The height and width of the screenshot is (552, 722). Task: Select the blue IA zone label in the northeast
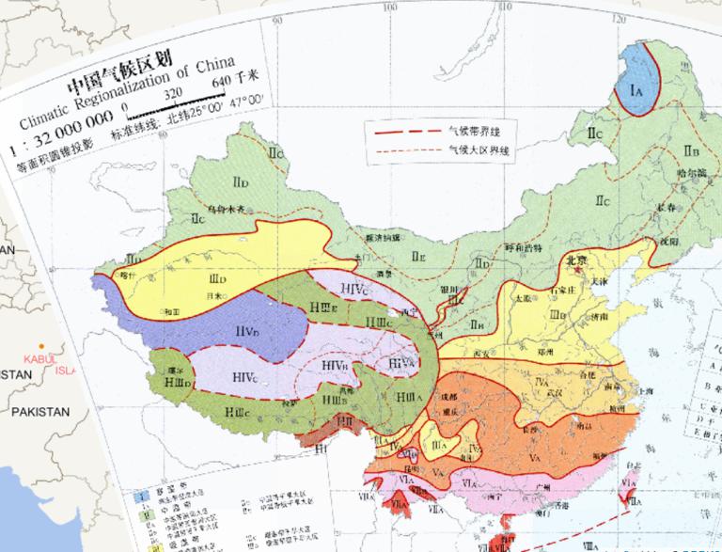[636, 90]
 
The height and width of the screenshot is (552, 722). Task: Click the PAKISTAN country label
[40, 412]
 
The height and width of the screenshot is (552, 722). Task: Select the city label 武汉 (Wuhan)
[566, 391]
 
